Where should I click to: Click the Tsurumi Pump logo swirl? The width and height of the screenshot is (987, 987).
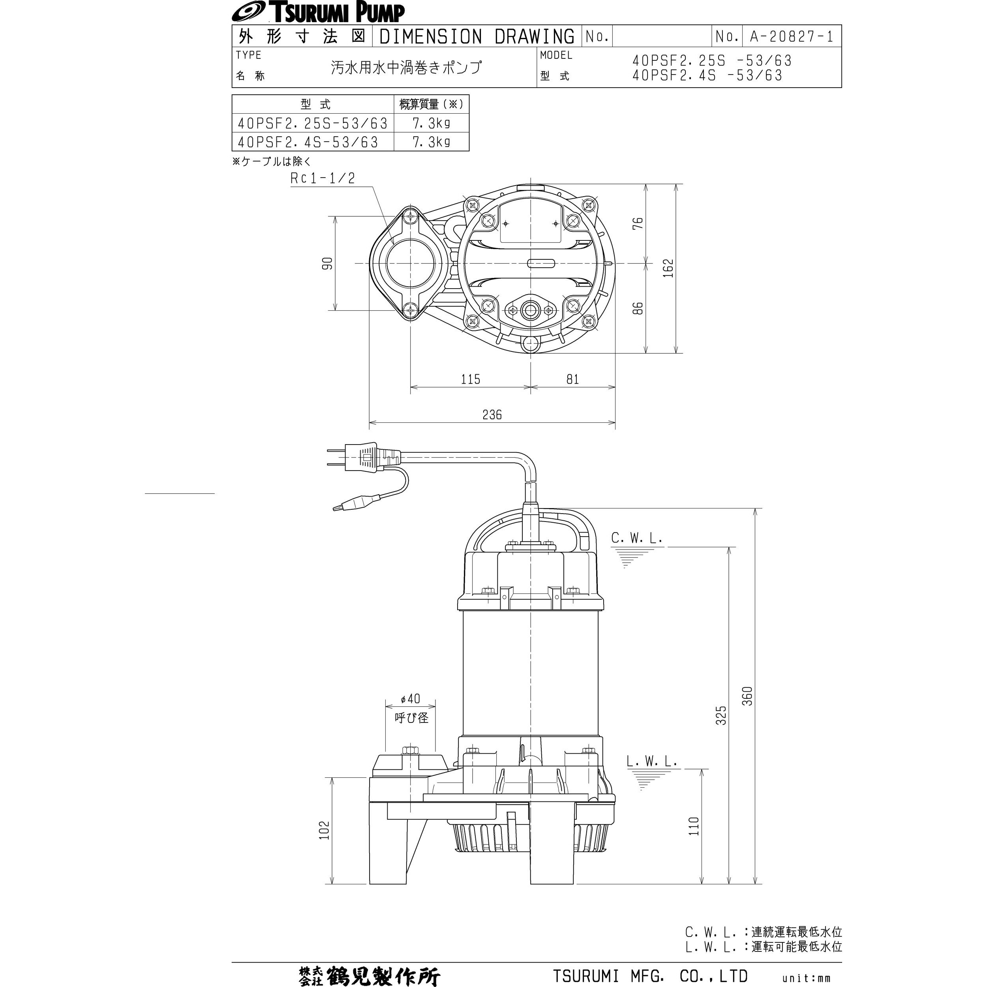tap(248, 11)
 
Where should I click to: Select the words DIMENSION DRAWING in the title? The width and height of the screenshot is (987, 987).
tap(477, 36)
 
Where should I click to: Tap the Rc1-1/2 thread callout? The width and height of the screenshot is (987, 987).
tap(323, 178)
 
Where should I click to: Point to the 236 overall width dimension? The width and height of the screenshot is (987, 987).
tap(492, 414)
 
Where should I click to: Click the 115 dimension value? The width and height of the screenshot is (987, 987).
tap(471, 379)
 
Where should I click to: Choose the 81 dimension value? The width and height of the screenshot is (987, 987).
tap(573, 379)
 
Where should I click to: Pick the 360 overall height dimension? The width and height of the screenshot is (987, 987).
tap(747, 696)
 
